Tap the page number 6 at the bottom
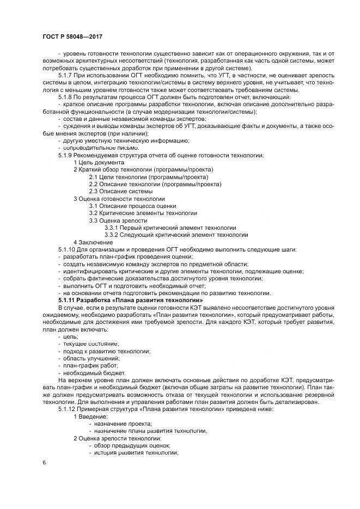coord(44,462)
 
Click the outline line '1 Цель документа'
coord(99,162)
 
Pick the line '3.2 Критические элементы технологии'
coord(143,213)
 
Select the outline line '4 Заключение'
coord(93,242)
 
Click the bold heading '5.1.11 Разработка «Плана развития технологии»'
coord(130,300)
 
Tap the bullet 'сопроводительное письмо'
coord(97,148)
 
